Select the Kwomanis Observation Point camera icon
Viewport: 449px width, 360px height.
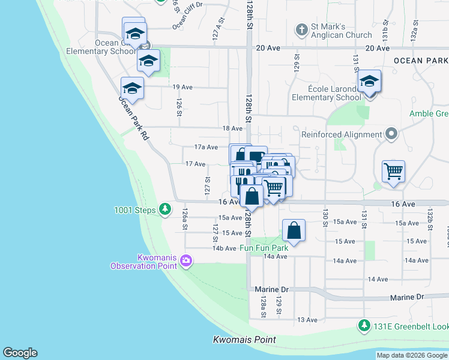coord(186,260)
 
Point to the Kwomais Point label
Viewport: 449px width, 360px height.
coord(244,340)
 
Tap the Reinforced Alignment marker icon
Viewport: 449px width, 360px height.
coord(392,134)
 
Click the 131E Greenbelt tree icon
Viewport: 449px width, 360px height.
coord(363,326)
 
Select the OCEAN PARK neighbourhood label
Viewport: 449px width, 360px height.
coord(421,61)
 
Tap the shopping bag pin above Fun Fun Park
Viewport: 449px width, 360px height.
coord(294,230)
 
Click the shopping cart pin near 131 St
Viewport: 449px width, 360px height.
coord(393,172)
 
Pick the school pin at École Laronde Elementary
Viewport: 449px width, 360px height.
coord(370,82)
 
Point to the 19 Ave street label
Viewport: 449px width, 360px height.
coord(182,87)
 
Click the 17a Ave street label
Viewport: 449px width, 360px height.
coord(206,147)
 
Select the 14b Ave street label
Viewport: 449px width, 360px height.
coord(224,248)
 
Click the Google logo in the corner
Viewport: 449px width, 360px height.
coord(20,353)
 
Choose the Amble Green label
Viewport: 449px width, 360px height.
coord(429,113)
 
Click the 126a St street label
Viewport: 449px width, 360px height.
coord(185,215)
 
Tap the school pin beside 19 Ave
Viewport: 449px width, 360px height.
coord(133,88)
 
